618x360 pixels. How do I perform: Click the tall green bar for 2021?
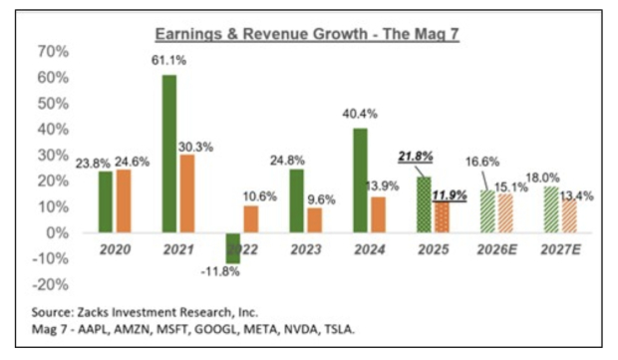pyautogui.click(x=170, y=154)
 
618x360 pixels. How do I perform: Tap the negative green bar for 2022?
pyautogui.click(x=233, y=247)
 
